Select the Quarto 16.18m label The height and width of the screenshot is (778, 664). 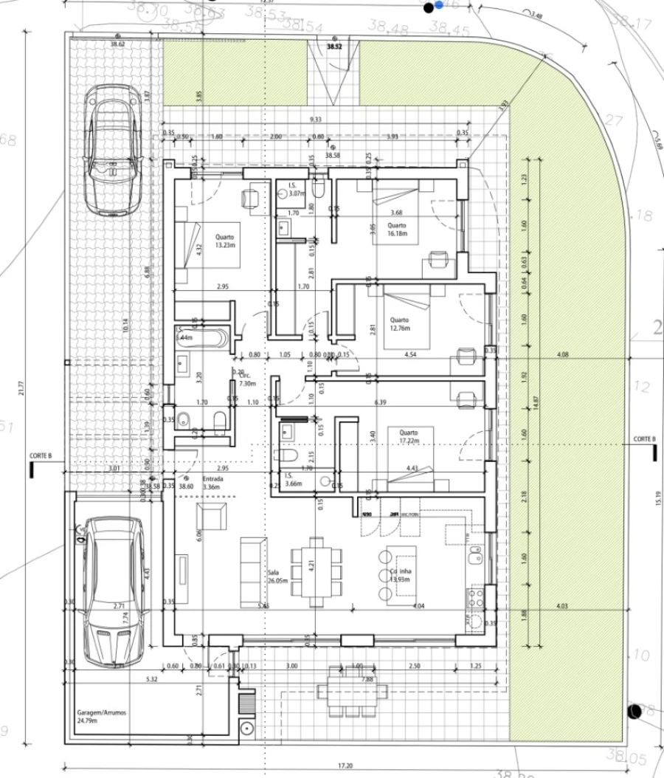[397, 231]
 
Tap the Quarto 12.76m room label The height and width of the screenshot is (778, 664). [399, 324]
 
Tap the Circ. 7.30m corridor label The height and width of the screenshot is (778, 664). [249, 379]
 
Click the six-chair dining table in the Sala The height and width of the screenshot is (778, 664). [317, 571]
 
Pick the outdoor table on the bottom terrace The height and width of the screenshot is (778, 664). [352, 691]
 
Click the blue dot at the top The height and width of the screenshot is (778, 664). [440, 4]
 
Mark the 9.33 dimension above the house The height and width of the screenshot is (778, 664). [316, 119]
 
